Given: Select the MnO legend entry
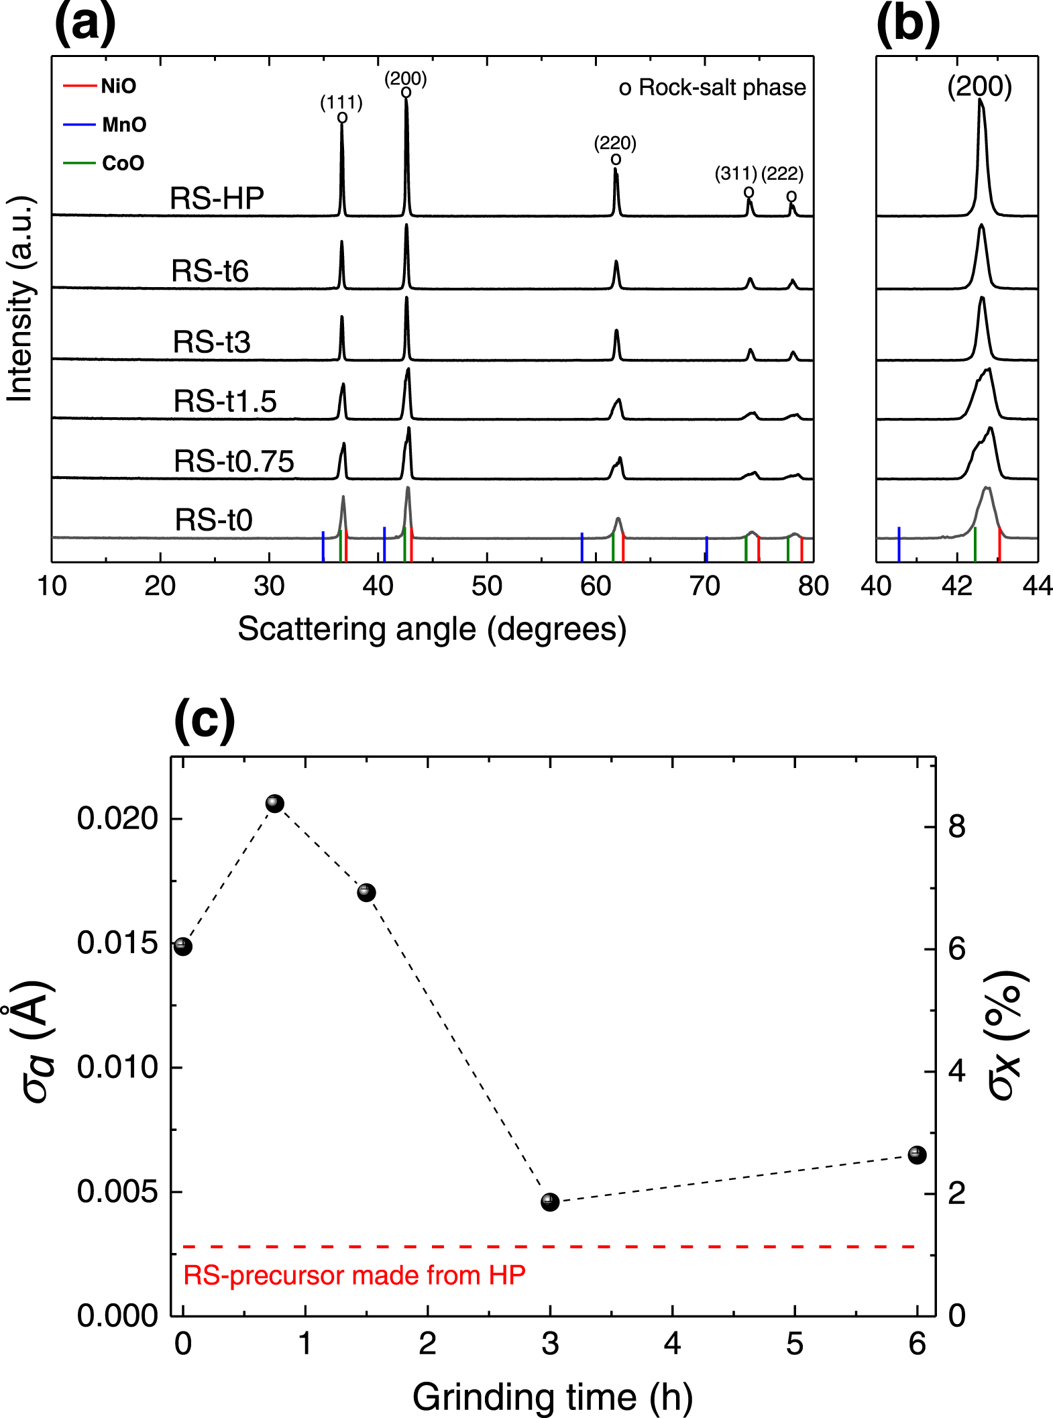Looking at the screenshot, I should click(x=106, y=125).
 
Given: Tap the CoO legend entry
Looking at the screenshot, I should click(x=105, y=163).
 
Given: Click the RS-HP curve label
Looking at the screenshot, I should click(x=217, y=199).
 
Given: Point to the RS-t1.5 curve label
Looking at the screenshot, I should click(x=225, y=401).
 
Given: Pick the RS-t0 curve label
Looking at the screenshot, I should click(x=213, y=520).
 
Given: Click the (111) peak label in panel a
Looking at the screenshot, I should click(x=341, y=103).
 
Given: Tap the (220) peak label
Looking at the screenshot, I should click(x=615, y=143).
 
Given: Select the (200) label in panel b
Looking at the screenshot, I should click(x=979, y=86).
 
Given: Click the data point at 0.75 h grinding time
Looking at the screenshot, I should click(x=275, y=804).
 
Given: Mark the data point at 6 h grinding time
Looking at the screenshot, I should click(x=917, y=1154).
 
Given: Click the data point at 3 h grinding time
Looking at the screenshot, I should click(x=550, y=1202).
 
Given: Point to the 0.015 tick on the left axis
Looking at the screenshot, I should click(x=117, y=943).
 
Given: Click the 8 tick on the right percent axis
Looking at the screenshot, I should click(x=956, y=826).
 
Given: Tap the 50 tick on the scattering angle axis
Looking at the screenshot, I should click(x=487, y=586).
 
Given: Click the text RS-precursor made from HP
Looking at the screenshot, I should click(x=354, y=1275).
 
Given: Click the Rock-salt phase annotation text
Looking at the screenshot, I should click(x=712, y=87).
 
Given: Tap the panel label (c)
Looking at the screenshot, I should click(x=205, y=720).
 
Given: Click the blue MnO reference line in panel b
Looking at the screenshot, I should click(x=899, y=542).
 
